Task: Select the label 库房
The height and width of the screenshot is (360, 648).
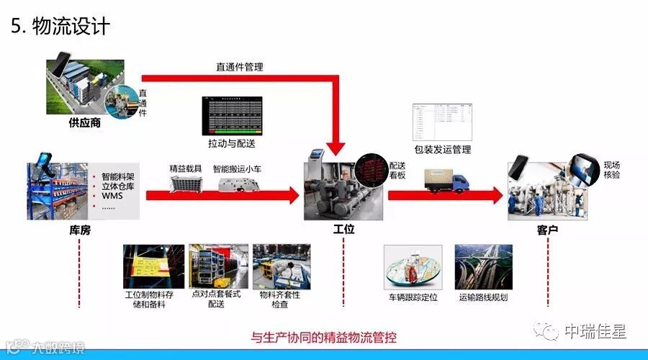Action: (x=79, y=230)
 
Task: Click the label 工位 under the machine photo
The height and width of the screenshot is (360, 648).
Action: (x=343, y=230)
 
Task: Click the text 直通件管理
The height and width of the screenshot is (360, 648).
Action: (x=240, y=67)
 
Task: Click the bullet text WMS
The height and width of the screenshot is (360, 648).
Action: (x=112, y=196)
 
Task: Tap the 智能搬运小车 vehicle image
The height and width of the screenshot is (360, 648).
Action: (x=238, y=184)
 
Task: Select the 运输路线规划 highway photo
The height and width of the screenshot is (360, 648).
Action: (x=482, y=266)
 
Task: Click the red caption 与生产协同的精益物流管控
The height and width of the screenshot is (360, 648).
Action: (x=323, y=337)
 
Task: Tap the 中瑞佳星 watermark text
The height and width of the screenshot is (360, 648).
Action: (x=595, y=331)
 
